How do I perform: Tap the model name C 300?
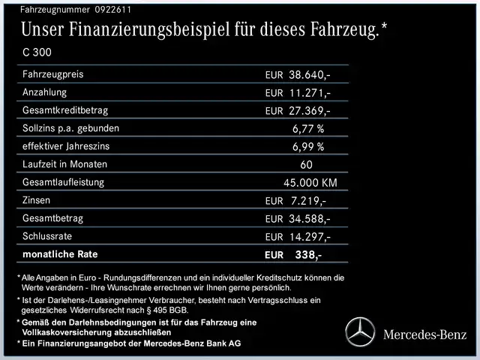39,52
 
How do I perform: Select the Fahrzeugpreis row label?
53,74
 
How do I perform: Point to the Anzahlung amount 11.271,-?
309,92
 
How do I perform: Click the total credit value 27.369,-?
309,110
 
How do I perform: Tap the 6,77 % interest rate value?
308,128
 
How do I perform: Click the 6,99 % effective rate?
308,146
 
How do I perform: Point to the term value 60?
305,164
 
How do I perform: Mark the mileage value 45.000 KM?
310,182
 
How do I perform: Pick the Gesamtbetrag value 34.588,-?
309,218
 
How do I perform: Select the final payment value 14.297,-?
309,236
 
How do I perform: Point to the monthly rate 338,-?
308,255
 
